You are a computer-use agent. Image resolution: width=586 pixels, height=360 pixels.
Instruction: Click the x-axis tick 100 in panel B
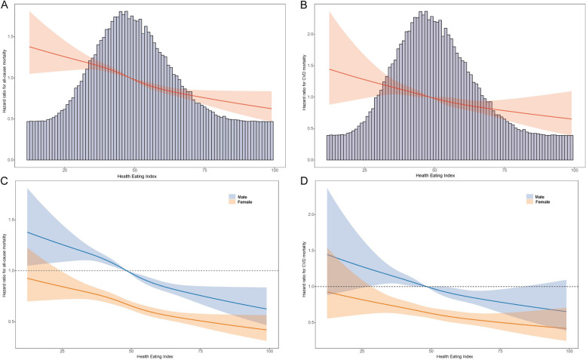click(574, 169)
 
